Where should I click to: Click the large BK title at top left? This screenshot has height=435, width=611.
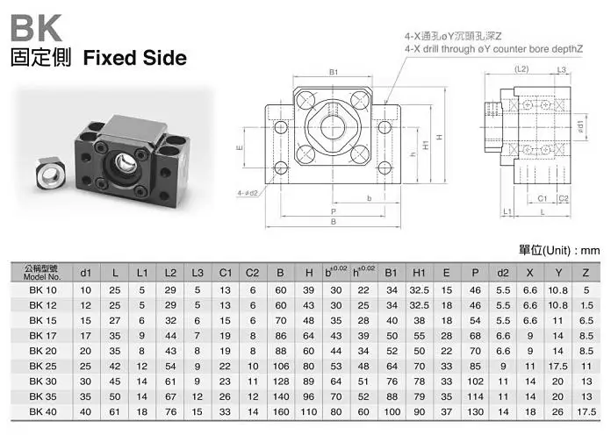(x=36, y=28)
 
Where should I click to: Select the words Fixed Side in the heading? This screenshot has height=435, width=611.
(x=135, y=58)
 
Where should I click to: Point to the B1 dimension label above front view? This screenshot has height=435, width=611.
(x=334, y=72)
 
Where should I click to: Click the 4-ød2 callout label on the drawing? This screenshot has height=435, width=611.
(x=248, y=193)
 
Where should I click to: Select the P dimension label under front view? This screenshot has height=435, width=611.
(x=334, y=211)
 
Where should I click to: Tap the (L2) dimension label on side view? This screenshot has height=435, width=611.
(x=521, y=69)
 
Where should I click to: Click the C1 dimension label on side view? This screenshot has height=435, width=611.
(x=542, y=198)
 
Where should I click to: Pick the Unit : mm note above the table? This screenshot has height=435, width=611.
(x=559, y=251)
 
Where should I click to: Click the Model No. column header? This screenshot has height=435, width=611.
(x=41, y=273)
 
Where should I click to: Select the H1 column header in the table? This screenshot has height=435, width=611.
(x=419, y=273)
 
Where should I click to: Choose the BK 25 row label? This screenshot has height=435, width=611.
(x=43, y=366)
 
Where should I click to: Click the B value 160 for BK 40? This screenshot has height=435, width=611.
(x=281, y=411)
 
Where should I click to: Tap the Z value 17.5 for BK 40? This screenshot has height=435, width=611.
(x=586, y=411)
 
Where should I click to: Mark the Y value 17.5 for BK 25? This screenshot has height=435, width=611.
(x=558, y=366)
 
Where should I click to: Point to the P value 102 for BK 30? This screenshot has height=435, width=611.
(x=476, y=382)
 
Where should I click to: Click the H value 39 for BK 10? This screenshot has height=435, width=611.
(x=309, y=290)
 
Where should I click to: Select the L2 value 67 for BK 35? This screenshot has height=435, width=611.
(x=170, y=396)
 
